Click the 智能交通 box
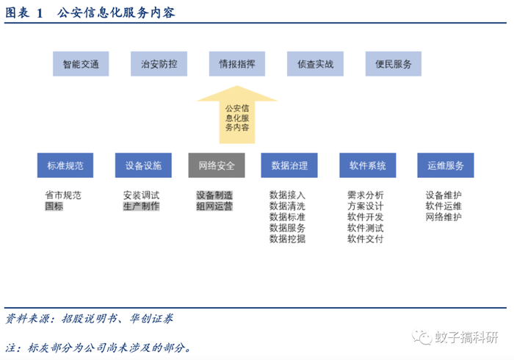coord(80,64)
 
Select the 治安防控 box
coord(159,64)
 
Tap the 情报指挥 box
coord(236,64)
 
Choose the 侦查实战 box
coord(315,64)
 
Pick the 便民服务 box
coord(394,64)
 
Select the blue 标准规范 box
coord(65,165)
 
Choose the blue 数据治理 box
coord(289,165)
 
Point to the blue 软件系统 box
coord(367,165)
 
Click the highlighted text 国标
coord(54,206)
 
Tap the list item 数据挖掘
coord(288,239)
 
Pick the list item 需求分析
coord(366,195)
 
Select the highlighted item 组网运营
coord(214,206)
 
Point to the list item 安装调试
coord(141,195)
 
